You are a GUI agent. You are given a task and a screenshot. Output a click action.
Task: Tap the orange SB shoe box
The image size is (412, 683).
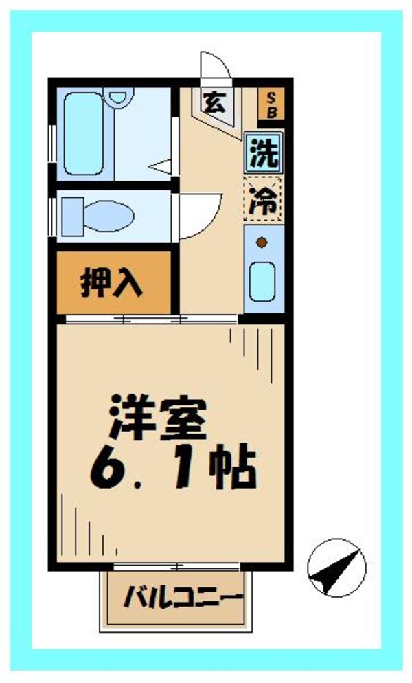click(270, 104)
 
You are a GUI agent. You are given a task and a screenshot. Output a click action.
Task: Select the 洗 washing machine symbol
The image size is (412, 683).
click(264, 153)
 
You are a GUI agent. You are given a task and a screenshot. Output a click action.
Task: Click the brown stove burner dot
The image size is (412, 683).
click(262, 241)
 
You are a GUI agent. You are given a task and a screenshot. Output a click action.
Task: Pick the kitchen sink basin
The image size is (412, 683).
click(262, 281)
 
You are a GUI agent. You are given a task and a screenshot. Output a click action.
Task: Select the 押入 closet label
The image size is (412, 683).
click(111, 283)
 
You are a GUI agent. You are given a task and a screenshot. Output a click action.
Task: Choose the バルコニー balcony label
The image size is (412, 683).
click(182, 598)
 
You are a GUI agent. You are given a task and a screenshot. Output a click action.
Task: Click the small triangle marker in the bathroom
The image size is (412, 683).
click(162, 166)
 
